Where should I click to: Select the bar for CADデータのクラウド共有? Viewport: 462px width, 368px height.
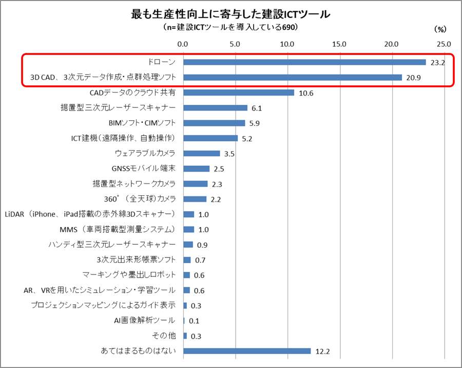239,93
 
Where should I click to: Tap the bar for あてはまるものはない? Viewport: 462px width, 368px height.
247,351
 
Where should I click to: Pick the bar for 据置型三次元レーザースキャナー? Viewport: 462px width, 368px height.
215,108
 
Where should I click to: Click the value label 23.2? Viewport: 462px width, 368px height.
438,63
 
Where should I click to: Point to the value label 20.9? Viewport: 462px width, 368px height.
414,78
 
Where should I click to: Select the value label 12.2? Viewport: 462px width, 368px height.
322,352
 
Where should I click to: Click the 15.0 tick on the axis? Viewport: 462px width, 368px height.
339,44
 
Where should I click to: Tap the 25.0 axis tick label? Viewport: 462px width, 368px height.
444,44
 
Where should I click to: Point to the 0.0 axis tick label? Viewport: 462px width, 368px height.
183,44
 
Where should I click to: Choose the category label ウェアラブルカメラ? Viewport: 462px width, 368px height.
145,153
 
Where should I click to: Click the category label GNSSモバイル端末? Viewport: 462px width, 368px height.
143,169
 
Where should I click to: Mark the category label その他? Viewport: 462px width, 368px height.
165,336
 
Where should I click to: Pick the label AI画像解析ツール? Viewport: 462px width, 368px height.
145,321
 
